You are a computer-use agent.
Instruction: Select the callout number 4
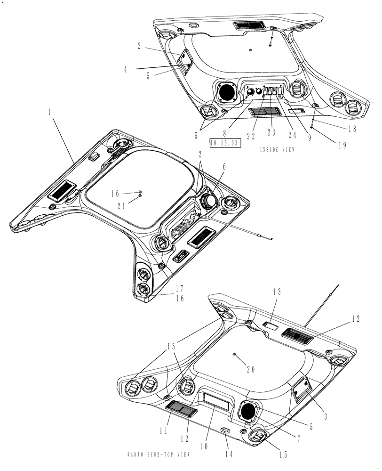click(126, 69)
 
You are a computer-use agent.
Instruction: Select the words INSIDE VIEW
click(277, 149)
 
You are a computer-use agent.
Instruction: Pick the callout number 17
click(179, 288)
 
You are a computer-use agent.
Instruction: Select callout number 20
click(250, 370)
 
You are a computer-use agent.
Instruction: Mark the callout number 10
click(206, 444)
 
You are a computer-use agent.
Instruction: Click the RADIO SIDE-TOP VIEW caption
click(159, 455)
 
